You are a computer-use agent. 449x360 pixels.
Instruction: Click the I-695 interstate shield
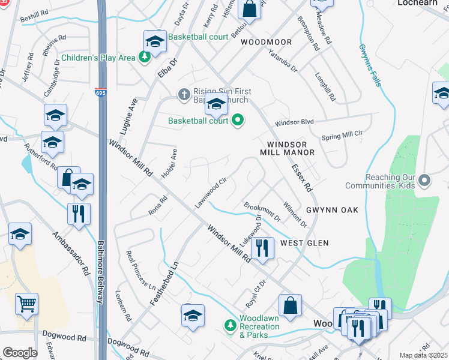click(101, 92)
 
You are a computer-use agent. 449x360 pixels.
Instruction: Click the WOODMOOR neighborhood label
click(267, 43)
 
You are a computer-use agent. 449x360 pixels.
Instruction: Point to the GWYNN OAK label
click(332, 210)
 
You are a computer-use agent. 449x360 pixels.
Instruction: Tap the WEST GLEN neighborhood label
click(304, 243)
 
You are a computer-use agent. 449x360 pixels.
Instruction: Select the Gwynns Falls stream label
click(370, 65)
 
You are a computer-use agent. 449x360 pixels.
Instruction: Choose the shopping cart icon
click(26, 304)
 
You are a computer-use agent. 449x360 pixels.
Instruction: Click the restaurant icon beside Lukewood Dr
click(262, 247)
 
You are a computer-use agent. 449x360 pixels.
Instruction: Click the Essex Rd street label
click(302, 179)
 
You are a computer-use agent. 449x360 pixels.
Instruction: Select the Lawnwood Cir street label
click(210, 193)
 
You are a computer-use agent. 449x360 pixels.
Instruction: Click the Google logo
click(20, 353)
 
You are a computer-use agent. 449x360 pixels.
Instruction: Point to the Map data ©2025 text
click(423, 355)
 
